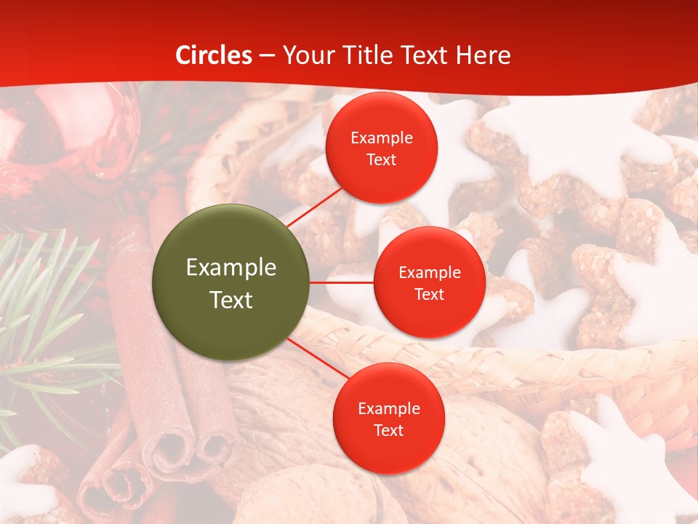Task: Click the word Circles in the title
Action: pyautogui.click(x=214, y=55)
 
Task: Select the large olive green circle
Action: pyautogui.click(x=231, y=282)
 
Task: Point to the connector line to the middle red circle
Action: pyautogui.click(x=342, y=282)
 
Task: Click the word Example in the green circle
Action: pyautogui.click(x=231, y=268)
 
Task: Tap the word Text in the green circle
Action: pyautogui.click(x=231, y=300)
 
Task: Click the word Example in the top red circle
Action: pyautogui.click(x=382, y=138)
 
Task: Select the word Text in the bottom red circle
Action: pyautogui.click(x=388, y=430)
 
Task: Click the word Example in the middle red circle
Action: pyautogui.click(x=430, y=273)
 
